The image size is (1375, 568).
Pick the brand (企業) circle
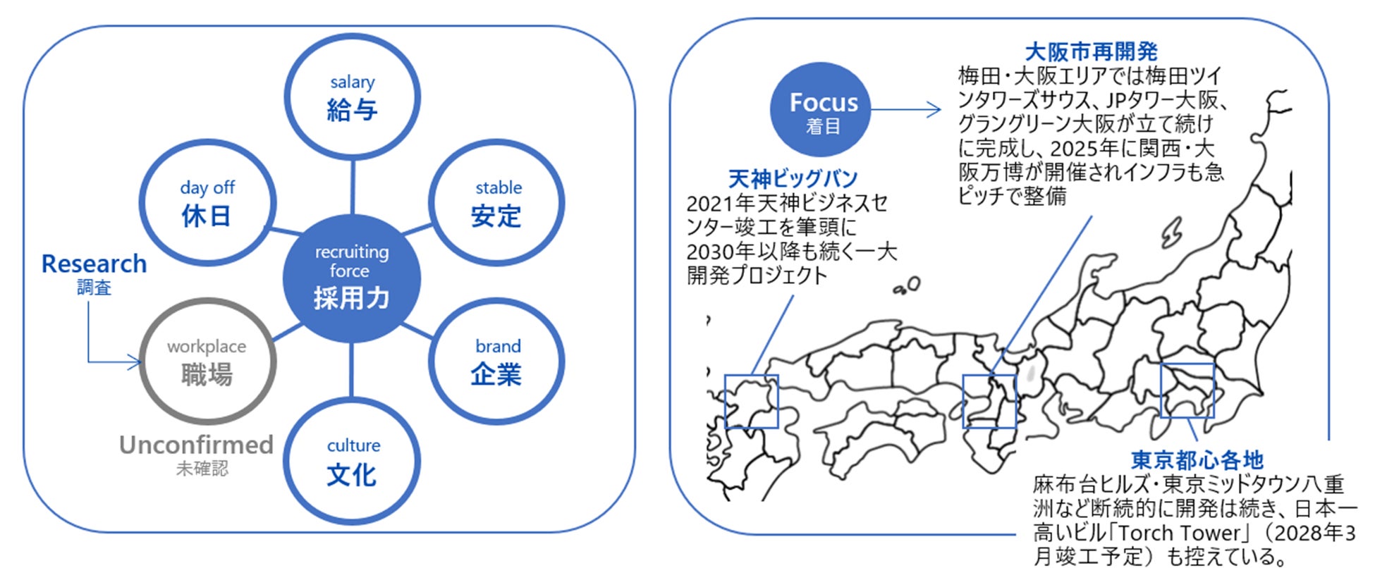click(497, 362)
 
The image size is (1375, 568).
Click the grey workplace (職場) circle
click(207, 362)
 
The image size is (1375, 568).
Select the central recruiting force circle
click(352, 278)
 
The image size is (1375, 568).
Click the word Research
click(94, 264)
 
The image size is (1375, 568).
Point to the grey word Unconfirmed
click(196, 445)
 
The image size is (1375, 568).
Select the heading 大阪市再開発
click(1091, 51)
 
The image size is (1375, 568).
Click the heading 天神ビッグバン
click(793, 178)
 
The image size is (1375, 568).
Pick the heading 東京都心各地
click(1197, 460)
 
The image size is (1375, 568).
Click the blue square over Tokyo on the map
click(1187, 390)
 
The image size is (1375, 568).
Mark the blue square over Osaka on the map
click(989, 401)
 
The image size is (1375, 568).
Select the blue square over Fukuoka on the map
click(752, 401)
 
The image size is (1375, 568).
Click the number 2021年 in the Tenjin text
click(720, 204)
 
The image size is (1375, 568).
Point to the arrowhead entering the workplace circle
click(135, 362)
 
